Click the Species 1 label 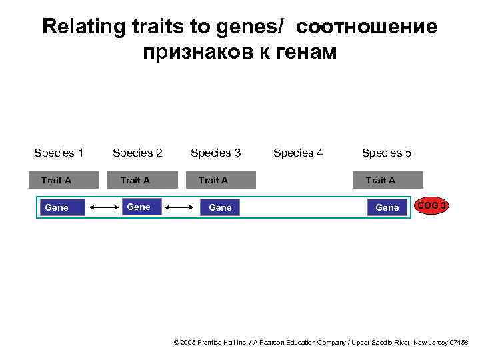coord(59,153)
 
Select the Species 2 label coord(137,153)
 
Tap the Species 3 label coord(215,153)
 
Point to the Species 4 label coord(298,153)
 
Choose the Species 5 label coord(387,153)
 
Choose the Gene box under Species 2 coord(139,207)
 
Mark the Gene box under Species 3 coord(220,208)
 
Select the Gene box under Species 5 coord(387,208)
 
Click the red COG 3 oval coord(432,206)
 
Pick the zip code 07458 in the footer coord(459,343)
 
